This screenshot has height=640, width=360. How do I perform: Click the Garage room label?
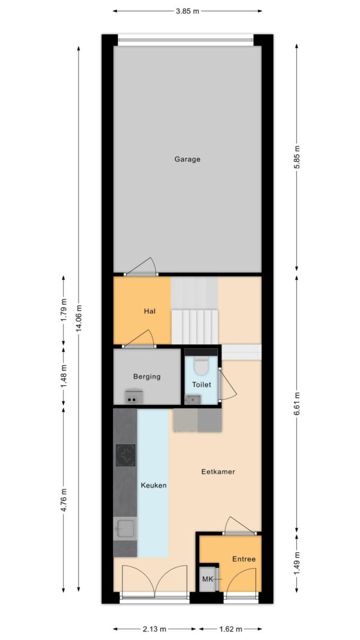(x=187, y=159)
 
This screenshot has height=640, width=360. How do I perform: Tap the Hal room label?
(x=150, y=311)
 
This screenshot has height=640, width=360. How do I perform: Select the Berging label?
(x=147, y=377)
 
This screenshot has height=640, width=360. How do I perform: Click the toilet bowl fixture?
(x=201, y=366)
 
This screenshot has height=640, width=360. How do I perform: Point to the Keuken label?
(x=154, y=485)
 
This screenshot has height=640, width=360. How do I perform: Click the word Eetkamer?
(x=218, y=472)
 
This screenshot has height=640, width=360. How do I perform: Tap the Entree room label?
(x=244, y=559)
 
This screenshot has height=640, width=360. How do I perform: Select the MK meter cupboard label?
(x=208, y=579)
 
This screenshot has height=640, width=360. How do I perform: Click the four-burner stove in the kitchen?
(x=125, y=455)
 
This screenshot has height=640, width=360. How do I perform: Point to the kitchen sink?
(x=125, y=529)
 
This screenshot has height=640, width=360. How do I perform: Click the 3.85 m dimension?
(x=187, y=11)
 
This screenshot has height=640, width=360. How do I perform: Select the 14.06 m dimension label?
(x=79, y=319)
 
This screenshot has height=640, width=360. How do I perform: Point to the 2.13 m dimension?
(x=154, y=629)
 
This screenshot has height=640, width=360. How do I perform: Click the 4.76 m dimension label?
(x=63, y=500)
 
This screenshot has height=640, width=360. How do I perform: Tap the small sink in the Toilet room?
(x=192, y=400)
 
